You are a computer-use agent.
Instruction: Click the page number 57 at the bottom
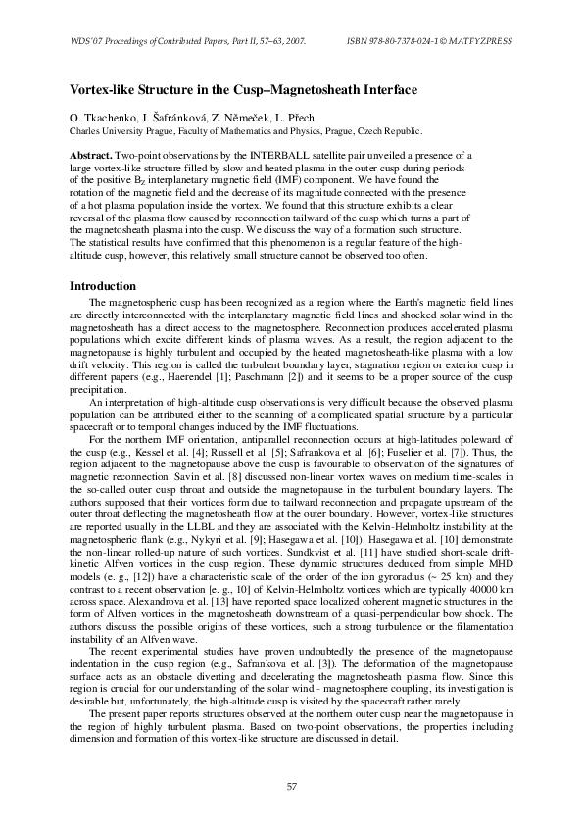[291, 786]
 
